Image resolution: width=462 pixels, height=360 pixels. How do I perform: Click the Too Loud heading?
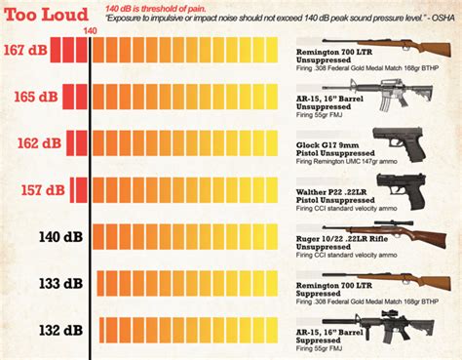[38, 12]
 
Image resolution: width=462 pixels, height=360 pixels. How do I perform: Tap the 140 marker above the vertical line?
[91, 31]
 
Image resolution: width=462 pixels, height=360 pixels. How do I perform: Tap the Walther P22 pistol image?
[399, 187]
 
